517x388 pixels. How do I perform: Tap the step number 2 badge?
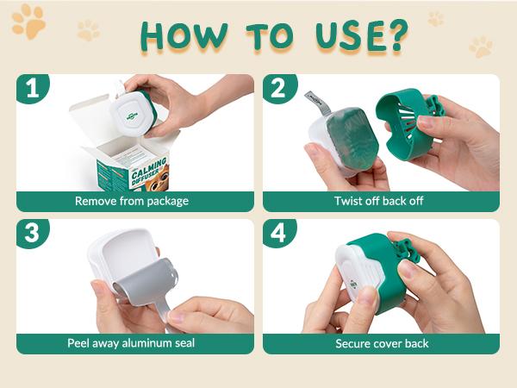coord(278,88)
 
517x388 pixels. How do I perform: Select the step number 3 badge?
coord(32,233)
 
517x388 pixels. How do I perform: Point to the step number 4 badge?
coord(278,233)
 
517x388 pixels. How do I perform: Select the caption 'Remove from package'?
coord(132,201)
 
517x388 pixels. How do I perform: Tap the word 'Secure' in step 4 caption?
coord(351,343)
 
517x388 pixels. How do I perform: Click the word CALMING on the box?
coord(148,168)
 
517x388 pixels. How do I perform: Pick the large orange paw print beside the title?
coord(28,22)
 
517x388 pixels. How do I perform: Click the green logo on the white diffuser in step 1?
coord(132,116)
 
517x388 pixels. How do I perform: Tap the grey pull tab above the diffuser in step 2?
coord(317,103)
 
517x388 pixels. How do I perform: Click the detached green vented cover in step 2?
coord(408,123)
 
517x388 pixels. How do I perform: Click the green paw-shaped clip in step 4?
coord(407,250)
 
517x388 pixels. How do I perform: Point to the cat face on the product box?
coord(159,180)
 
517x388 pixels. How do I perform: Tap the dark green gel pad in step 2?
coord(351,139)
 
